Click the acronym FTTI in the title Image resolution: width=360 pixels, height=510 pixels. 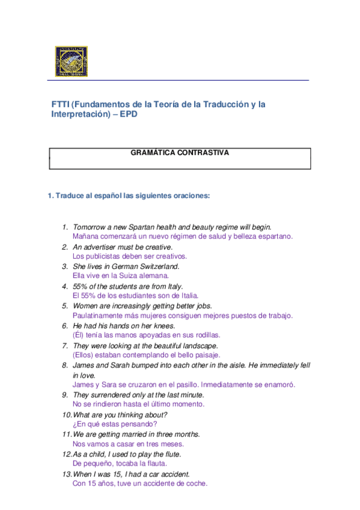coord(61,104)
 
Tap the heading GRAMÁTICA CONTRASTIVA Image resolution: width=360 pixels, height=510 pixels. coord(180,153)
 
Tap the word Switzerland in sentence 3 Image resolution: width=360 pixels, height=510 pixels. coord(159,266)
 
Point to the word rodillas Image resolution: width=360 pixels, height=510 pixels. coord(205,335)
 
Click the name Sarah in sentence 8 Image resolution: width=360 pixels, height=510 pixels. coord(120,365)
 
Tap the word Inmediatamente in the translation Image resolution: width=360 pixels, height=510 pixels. coord(229,385)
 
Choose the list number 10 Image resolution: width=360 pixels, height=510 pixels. coord(66,415)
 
